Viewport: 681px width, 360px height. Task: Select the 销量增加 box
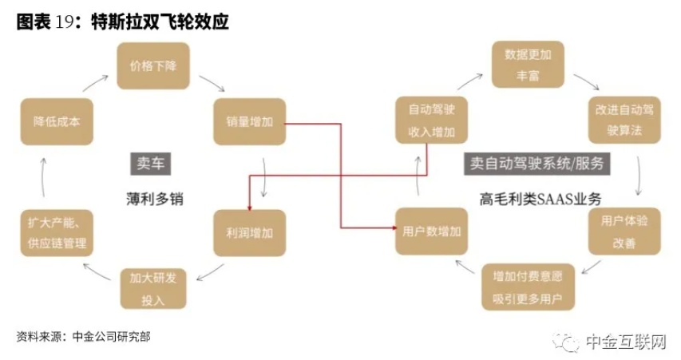point(248,123)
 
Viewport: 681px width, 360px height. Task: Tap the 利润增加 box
point(248,233)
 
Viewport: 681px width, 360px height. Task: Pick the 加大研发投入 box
point(152,288)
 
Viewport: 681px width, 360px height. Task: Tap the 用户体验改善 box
point(624,232)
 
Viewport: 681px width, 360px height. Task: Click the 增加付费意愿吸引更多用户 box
point(527,288)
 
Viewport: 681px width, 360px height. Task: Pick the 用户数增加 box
point(432,231)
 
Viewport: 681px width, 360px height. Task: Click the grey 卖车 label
point(151,164)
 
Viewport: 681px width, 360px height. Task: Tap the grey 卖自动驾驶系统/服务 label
point(536,164)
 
